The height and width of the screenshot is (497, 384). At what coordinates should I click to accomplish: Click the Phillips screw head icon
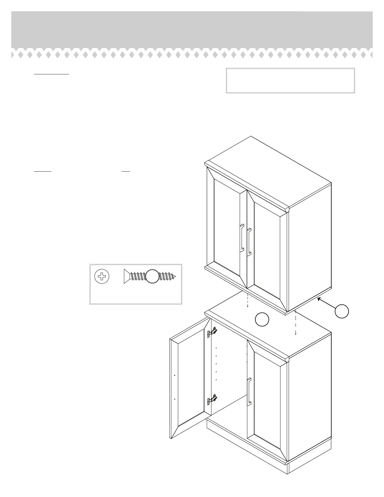coord(102,276)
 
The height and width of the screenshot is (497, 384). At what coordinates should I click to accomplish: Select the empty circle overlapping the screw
coord(152,276)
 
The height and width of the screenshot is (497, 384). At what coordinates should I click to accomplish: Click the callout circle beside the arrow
coord(341,311)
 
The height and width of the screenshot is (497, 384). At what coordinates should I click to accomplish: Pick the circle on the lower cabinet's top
coord(262,319)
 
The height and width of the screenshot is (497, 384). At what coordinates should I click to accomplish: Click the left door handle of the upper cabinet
coord(242,238)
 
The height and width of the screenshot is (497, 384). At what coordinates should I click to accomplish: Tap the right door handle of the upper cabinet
coord(249,242)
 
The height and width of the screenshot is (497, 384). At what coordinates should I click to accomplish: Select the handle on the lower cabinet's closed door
coord(249,392)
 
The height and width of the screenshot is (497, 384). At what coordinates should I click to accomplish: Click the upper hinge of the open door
coord(212,332)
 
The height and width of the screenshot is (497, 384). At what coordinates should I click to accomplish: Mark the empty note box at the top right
coord(290,81)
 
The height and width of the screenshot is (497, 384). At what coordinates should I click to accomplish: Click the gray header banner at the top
coord(192,30)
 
